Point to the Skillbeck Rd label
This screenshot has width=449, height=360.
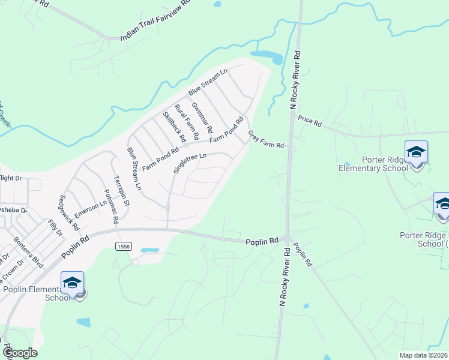(175, 127)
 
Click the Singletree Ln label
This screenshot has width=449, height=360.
(190, 163)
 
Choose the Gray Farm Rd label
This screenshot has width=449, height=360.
(265, 141)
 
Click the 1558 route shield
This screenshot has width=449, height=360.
(124, 247)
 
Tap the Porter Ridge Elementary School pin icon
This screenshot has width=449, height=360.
(416, 152)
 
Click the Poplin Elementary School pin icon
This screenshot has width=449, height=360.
(72, 283)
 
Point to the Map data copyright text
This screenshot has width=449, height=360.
(424, 355)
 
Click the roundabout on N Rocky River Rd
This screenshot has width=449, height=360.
(287, 239)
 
